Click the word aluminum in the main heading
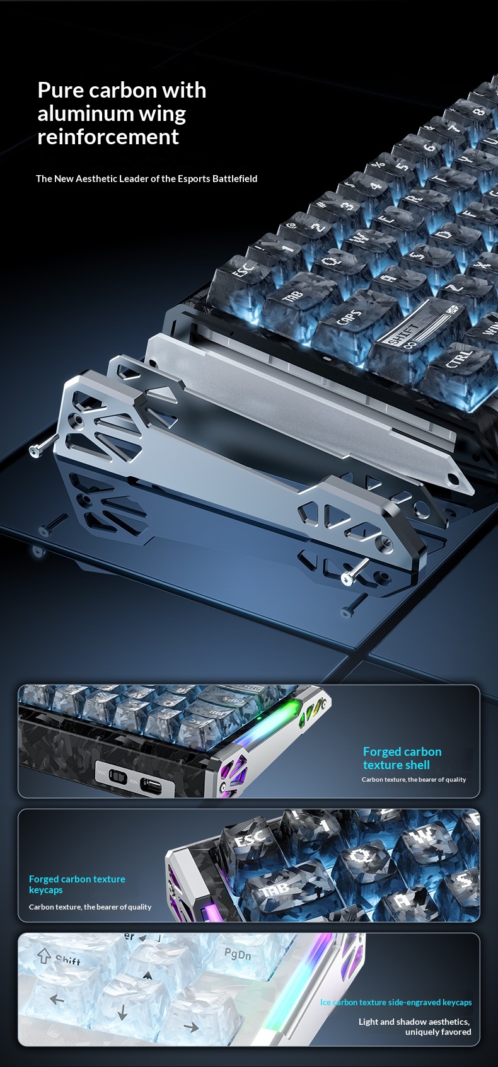pos(85,113)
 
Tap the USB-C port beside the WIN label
pos(151,784)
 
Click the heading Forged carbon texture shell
pos(402,758)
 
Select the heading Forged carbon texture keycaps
pos(77,884)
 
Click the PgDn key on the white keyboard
pos(237,956)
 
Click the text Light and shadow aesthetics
pos(414,1021)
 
